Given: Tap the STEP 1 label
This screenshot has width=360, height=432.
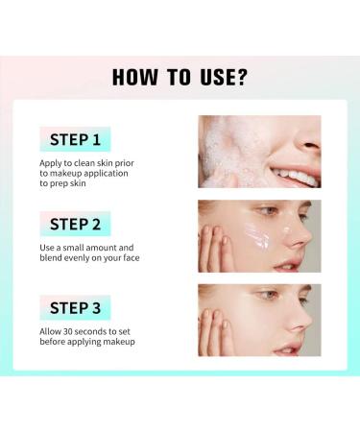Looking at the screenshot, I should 75,140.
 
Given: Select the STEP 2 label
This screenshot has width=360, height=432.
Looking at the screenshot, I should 75,225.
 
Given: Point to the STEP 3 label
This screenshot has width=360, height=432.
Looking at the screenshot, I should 75,308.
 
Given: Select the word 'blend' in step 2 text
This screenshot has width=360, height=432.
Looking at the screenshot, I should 54,259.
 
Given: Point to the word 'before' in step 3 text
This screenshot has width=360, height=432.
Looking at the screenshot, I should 54,342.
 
